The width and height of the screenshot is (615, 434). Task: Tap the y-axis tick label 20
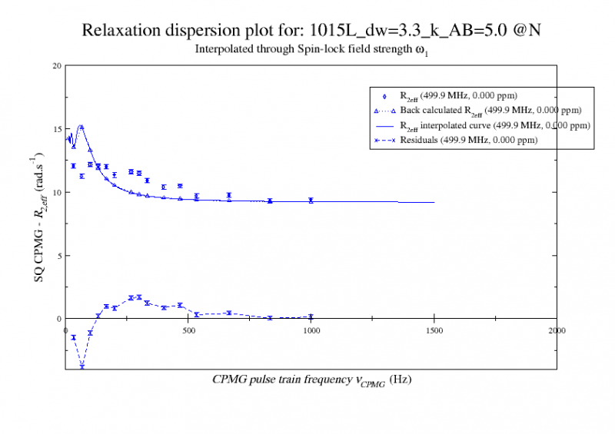pyautogui.click(x=56, y=65)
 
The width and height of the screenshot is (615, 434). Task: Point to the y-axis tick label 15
pyautogui.click(x=56, y=128)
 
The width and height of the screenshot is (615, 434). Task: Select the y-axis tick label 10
pyautogui.click(x=56, y=192)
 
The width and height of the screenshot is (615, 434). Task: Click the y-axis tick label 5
pyautogui.click(x=58, y=255)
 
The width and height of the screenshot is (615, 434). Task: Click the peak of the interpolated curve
pyautogui.click(x=81, y=126)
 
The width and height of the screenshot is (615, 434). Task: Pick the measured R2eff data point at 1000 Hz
pyautogui.click(x=311, y=200)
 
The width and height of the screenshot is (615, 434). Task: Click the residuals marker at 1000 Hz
pyautogui.click(x=311, y=316)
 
